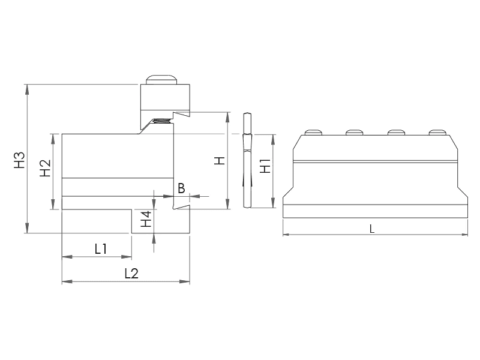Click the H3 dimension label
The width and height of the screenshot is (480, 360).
pos(20,160)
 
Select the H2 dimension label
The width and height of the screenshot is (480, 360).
pos(46,168)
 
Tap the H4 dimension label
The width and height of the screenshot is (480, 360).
pos(146,218)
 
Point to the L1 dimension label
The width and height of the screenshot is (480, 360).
pos(100,249)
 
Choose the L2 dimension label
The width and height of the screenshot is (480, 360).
pos(131,274)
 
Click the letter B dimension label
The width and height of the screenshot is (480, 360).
pos(181,188)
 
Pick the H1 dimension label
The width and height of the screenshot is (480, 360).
pos(265,166)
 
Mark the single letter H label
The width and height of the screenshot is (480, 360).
pos(220,161)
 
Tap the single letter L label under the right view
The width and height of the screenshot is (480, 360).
pos(372,229)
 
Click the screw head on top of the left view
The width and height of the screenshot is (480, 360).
pos(161,80)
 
